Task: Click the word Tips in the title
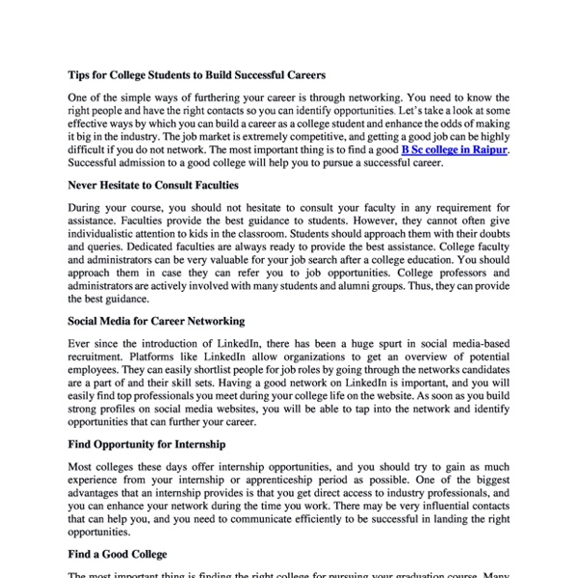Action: (80, 73)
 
